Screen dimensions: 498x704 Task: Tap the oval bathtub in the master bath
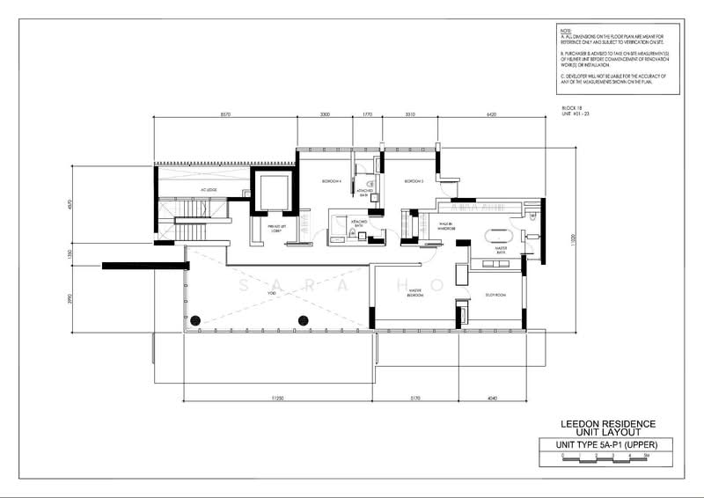pos(498,236)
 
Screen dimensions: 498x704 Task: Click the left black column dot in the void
pos(197,319)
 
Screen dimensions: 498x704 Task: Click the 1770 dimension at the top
pos(368,115)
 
